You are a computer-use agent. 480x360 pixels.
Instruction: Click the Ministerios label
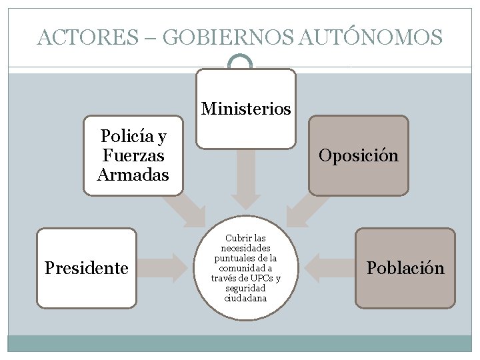246,108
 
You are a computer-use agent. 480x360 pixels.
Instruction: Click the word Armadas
133,175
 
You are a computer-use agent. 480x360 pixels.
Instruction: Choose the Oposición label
359,155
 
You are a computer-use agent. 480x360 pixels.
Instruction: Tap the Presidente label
86,268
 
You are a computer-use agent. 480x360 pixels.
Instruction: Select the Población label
405,268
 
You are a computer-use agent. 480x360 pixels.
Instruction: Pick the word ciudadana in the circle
246,298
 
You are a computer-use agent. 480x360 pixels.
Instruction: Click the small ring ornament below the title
240,64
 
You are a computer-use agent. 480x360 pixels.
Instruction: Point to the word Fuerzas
133,155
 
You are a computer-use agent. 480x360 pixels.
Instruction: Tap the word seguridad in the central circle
246,288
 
